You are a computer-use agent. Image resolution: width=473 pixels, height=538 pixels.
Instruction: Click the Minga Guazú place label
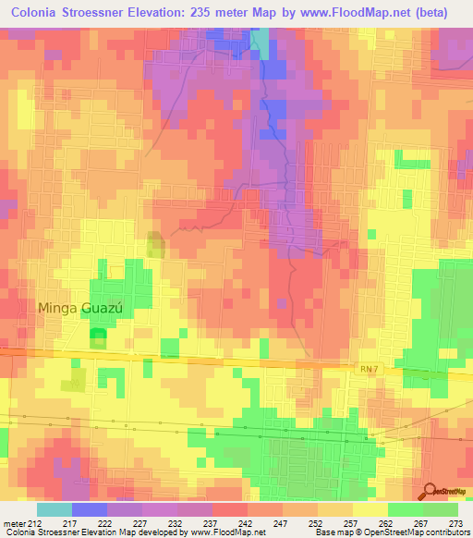pyautogui.click(x=84, y=307)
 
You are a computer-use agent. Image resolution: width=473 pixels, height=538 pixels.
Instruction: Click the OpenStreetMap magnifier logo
pyautogui.click(x=428, y=491)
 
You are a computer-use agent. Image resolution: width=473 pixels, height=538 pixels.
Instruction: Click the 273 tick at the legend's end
pyautogui.click(x=455, y=523)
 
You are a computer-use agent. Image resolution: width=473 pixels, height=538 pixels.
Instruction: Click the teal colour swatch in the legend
pyautogui.click(x=55, y=509)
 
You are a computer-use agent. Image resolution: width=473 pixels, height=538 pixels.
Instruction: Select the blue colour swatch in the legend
pyautogui.click(x=90, y=509)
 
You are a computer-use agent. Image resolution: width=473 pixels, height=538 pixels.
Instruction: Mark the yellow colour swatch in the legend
pyautogui.click(x=370, y=509)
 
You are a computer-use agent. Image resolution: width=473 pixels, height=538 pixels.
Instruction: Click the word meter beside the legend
pyautogui.click(x=13, y=523)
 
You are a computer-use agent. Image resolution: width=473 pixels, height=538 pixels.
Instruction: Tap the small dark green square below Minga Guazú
pyautogui.click(x=97, y=338)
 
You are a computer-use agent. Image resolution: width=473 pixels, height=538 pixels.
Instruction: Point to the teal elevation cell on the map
pyautogui.click(x=262, y=43)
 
